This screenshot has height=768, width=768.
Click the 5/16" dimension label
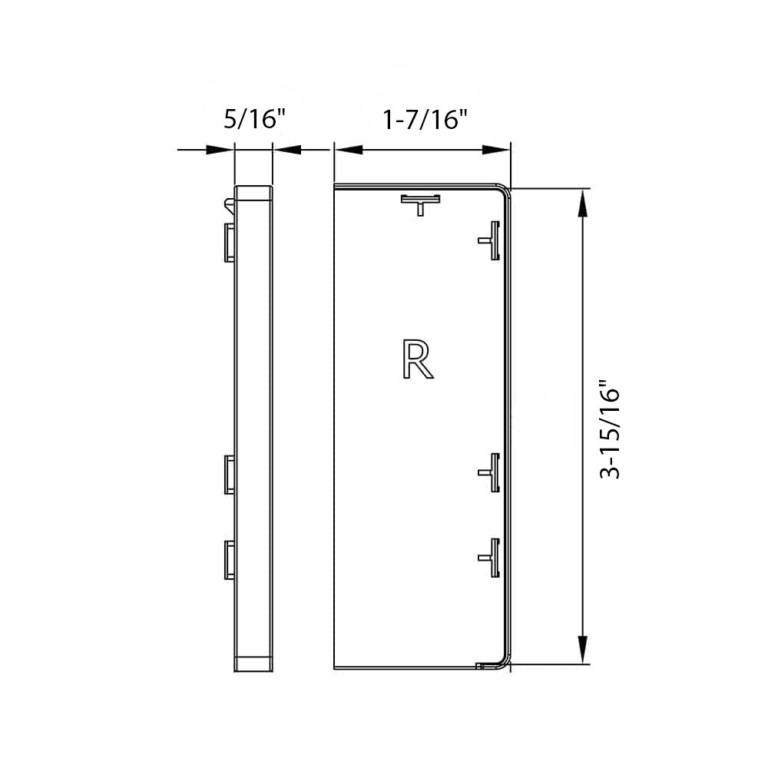pos(254,120)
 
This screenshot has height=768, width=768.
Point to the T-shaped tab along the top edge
pos(421,203)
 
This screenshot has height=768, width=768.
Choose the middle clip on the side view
pos(229,474)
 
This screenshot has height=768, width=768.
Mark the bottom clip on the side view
pos(229,560)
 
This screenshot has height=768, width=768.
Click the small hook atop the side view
pos(229,204)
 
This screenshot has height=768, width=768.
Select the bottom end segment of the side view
pos(253,663)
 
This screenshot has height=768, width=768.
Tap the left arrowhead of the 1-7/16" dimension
pos(346,150)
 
